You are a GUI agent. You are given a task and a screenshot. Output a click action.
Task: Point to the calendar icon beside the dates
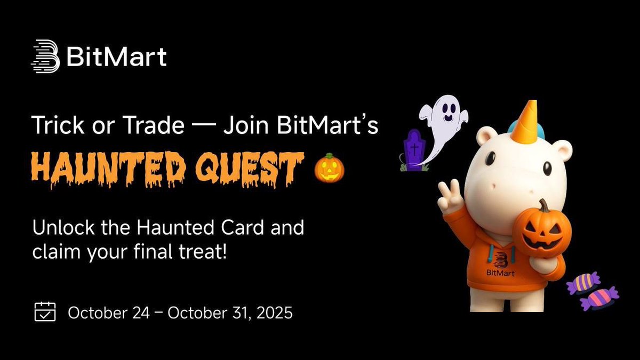(45, 311)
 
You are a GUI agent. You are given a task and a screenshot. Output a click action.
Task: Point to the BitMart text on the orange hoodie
(501, 273)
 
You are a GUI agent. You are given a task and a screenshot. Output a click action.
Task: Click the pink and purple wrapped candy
(599, 298)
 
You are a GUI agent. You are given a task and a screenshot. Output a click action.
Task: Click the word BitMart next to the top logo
(117, 56)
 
